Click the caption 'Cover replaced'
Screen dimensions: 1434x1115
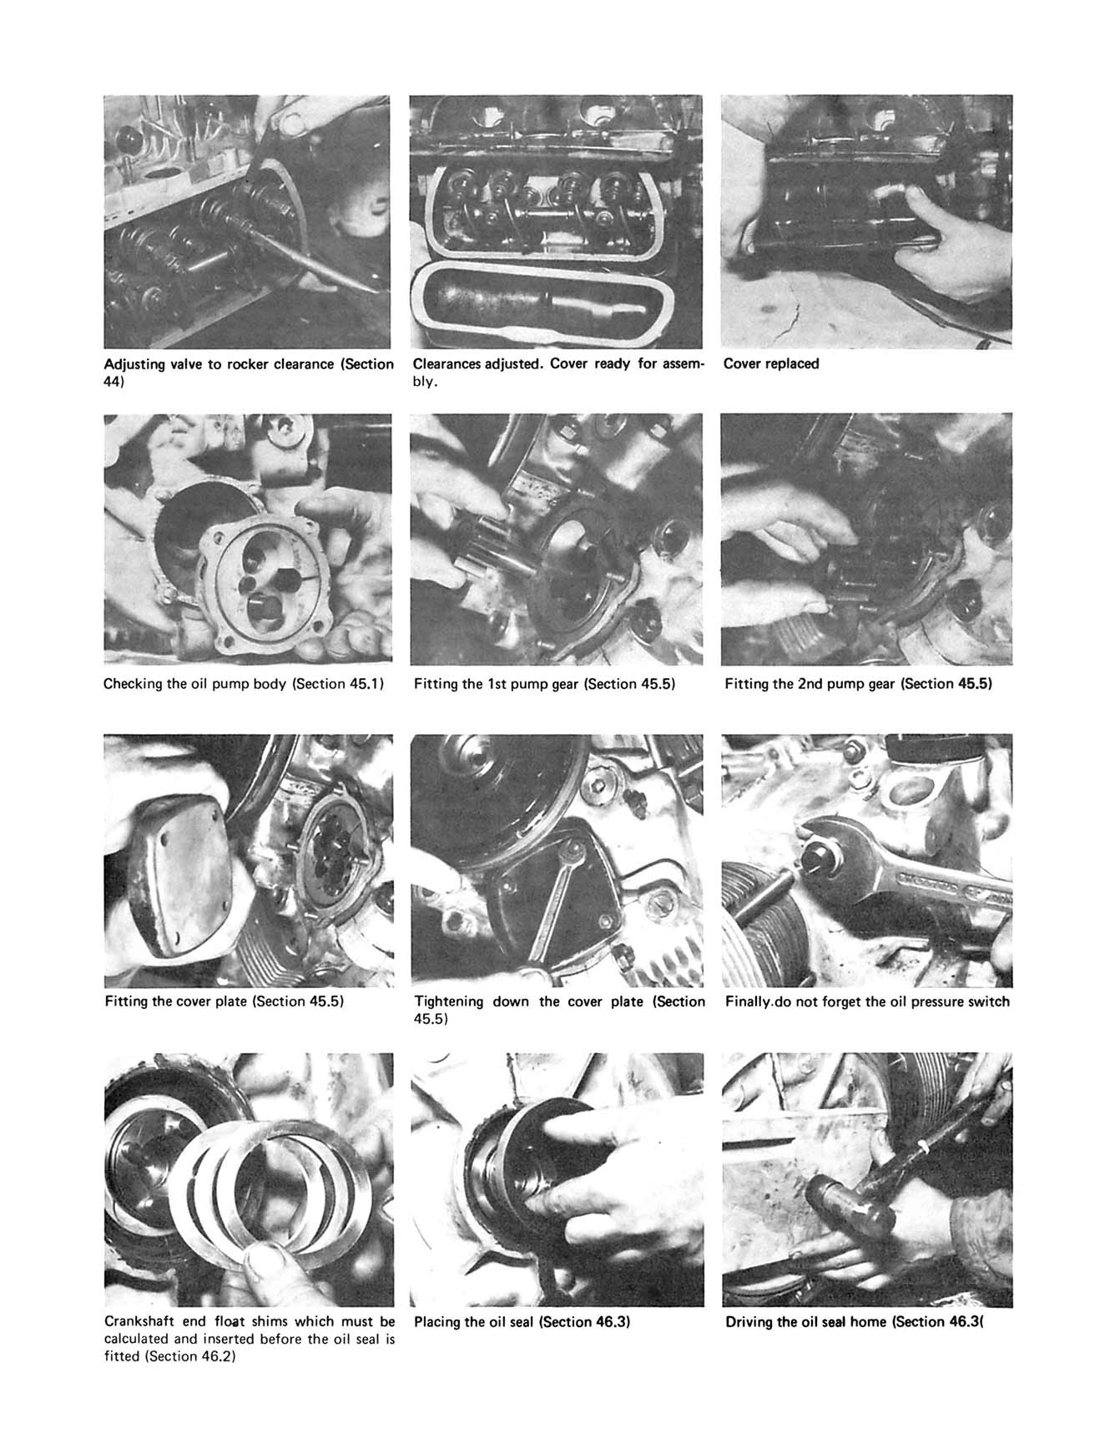point(770,364)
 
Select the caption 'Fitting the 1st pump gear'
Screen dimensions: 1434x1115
point(543,684)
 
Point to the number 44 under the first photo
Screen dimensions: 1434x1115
point(112,382)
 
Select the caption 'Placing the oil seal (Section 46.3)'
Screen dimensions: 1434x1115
point(522,1322)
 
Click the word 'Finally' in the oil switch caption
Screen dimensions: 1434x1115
point(747,1001)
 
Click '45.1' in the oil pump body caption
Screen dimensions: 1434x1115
point(366,684)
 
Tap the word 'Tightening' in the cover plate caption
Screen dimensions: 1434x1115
point(448,1001)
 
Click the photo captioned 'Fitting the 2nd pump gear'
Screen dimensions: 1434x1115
point(866,540)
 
